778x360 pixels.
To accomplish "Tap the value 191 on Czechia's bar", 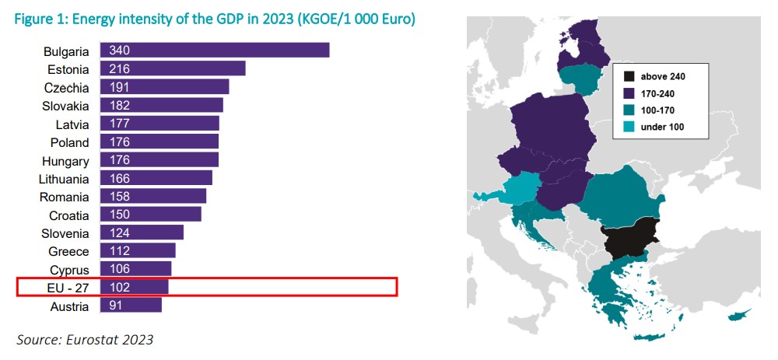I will pyautogui.click(x=120, y=87).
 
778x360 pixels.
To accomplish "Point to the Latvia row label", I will pyautogui.click(x=72, y=124).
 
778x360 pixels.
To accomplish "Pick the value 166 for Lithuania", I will pyautogui.click(x=120, y=179).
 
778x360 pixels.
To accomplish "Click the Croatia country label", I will pyautogui.click(x=69, y=215).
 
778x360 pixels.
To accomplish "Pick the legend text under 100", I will pyautogui.click(x=662, y=126).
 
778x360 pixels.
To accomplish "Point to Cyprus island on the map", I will pyautogui.click(x=740, y=318).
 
